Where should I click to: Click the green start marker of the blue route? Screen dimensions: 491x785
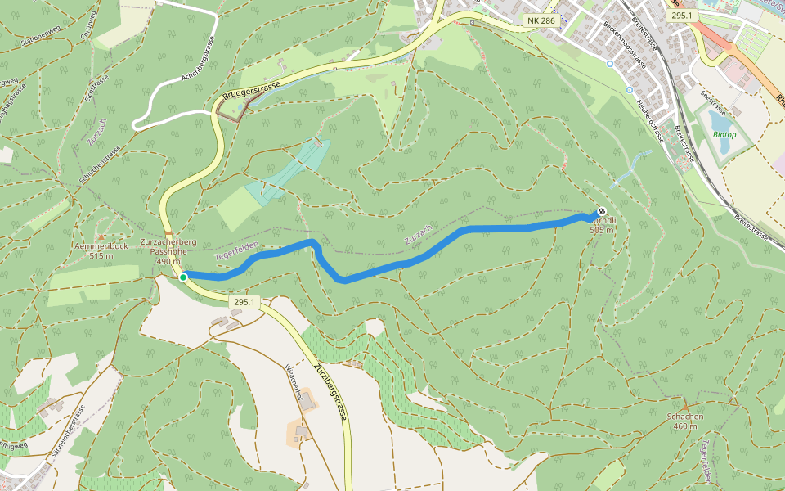click(x=183, y=277)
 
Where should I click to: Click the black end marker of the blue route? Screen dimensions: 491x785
click(x=602, y=212)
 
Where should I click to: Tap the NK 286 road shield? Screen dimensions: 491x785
click(x=541, y=19)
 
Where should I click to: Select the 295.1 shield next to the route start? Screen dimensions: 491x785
click(x=244, y=302)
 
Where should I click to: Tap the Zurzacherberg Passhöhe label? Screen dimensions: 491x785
click(x=168, y=251)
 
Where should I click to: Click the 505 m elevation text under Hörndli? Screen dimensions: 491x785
click(x=601, y=230)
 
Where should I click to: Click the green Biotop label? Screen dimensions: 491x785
click(x=724, y=133)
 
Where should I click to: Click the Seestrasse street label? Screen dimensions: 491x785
click(x=715, y=105)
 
